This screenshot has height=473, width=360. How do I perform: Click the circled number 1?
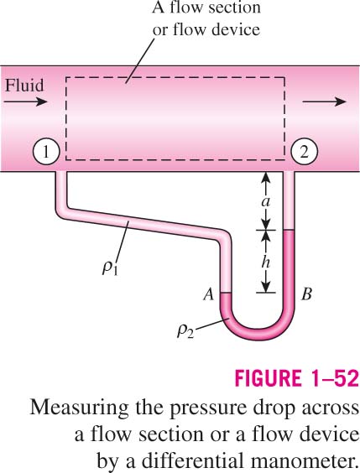coord(45,152)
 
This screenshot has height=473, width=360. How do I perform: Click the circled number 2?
coord(304,152)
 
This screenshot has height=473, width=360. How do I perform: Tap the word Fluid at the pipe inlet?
coord(24,86)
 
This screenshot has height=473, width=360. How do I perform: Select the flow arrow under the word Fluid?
coord(26,101)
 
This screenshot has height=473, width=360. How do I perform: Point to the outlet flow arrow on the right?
coord(325,101)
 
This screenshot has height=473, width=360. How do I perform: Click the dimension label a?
coord(265,201)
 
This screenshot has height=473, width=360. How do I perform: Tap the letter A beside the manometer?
coord(208,294)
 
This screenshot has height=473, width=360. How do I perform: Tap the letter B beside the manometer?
coord(306,294)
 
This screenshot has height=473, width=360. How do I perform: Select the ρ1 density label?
coord(110,268)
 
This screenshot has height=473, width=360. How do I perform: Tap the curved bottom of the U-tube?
coord(258,333)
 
